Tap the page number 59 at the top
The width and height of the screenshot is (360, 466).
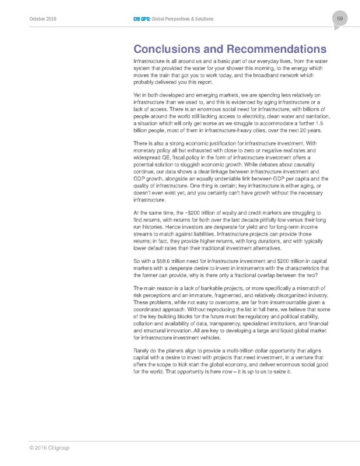pos(341,18)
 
